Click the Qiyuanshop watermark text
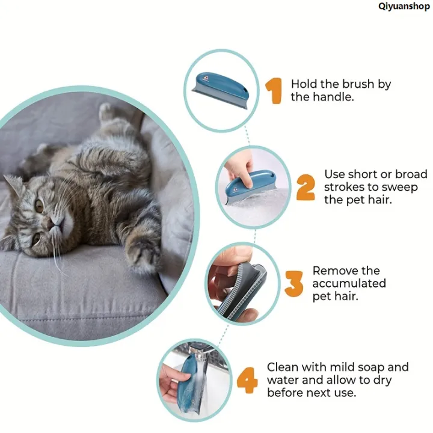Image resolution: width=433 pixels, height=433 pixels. click(404, 6)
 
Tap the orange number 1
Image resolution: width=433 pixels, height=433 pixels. click(274, 91)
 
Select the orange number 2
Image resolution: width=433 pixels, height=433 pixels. click(306, 187)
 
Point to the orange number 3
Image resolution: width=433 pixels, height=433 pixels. click(294, 284)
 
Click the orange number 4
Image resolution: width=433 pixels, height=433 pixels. click(247, 380)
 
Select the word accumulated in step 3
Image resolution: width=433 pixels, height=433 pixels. click(349, 283)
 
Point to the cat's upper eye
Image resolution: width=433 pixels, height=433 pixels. click(39, 205)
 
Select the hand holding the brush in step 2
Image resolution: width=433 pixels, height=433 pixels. click(240, 169)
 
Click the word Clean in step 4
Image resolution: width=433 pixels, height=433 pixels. click(282, 367)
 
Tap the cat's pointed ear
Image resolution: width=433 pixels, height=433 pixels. click(13, 182)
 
